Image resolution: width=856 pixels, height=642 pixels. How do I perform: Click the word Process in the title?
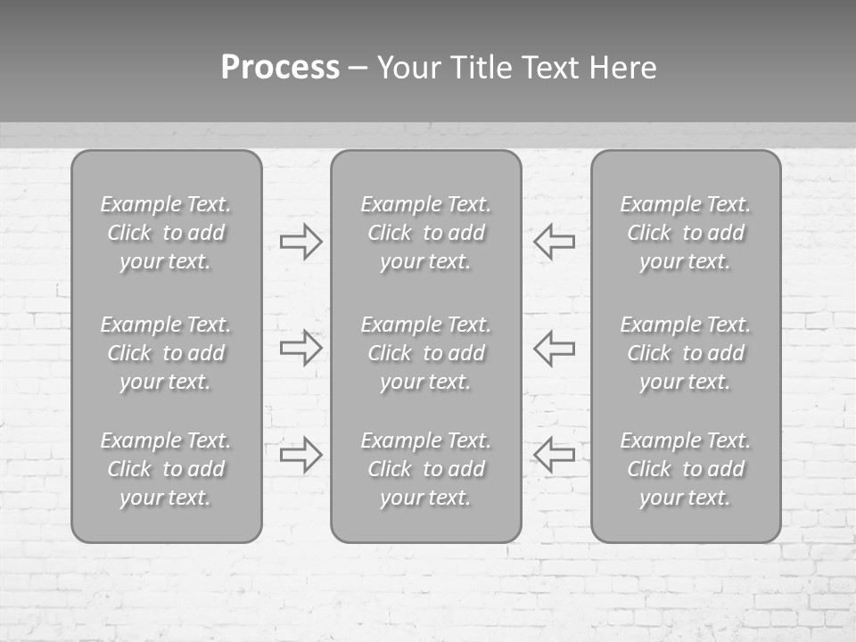[280, 68]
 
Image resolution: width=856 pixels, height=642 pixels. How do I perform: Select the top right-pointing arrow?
[300, 242]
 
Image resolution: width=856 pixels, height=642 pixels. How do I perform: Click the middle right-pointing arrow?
[300, 348]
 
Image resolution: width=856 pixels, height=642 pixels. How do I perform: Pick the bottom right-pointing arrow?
[300, 455]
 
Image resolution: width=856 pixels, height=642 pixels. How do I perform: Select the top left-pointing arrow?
[555, 242]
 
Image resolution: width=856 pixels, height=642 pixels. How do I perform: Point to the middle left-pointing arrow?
[555, 348]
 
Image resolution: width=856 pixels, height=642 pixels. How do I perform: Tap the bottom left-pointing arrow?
[555, 455]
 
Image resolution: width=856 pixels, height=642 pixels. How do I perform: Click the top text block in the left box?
[166, 233]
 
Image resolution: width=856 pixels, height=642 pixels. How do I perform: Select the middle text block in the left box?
[166, 353]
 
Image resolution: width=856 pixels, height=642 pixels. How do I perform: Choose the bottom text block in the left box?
[166, 469]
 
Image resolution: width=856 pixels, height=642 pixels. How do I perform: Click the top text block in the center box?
[425, 233]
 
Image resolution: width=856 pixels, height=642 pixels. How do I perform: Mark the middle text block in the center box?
[425, 353]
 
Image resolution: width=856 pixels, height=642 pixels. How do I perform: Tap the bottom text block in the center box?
[425, 469]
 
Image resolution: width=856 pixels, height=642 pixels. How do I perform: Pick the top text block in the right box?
[686, 233]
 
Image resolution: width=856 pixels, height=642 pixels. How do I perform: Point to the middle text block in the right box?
[686, 353]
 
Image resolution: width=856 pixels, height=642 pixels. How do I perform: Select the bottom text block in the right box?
[686, 469]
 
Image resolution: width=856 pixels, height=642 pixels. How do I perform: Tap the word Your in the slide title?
[409, 68]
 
